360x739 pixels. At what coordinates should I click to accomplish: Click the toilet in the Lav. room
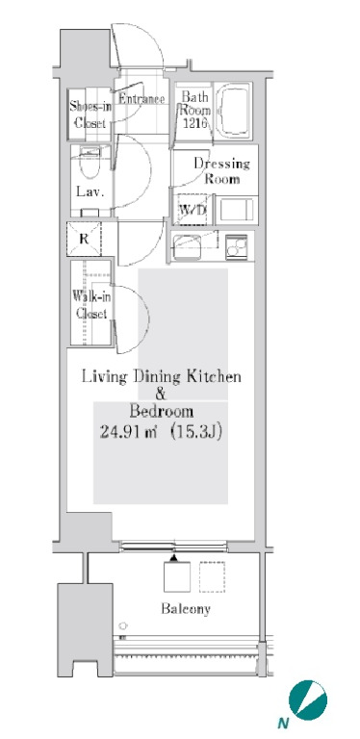(x=90, y=163)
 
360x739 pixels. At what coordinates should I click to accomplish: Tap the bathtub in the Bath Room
(x=232, y=111)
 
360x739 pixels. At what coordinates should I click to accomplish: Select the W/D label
(x=193, y=210)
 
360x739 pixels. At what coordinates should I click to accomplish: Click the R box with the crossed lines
(x=84, y=239)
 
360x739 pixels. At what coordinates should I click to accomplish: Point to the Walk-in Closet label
(x=90, y=305)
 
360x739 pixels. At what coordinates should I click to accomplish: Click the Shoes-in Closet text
(x=90, y=115)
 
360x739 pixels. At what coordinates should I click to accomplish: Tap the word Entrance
(x=141, y=99)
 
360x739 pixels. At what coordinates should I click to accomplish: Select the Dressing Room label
(x=221, y=171)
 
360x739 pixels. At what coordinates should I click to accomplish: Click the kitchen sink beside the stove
(x=187, y=246)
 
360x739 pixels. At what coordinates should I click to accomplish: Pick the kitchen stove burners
(x=236, y=246)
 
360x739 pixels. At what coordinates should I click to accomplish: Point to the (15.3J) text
(x=195, y=432)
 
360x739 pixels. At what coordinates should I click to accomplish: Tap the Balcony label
(x=186, y=608)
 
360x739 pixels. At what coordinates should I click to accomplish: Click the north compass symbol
(x=308, y=700)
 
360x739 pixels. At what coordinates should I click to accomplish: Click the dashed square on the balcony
(x=212, y=576)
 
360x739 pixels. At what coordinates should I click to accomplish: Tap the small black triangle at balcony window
(x=174, y=558)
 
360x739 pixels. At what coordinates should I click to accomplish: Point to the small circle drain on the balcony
(x=123, y=625)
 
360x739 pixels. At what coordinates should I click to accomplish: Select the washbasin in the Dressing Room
(x=237, y=210)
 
